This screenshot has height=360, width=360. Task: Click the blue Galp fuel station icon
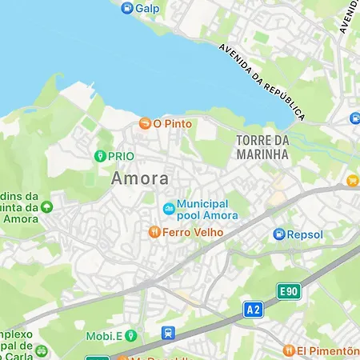point(126,8)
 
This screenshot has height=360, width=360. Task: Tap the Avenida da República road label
point(263,81)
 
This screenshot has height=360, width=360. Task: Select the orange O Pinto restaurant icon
point(145,124)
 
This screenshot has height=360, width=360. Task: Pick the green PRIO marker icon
point(100,156)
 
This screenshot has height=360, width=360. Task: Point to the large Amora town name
point(140,178)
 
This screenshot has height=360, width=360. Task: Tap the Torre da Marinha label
point(262,146)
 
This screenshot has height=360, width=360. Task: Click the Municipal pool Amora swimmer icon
point(168,210)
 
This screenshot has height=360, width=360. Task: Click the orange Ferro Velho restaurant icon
point(154,233)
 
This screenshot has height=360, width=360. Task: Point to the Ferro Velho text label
point(193,233)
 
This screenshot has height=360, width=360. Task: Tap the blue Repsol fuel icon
point(279,234)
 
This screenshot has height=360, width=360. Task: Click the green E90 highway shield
point(289,291)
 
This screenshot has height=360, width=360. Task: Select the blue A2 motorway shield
point(254,308)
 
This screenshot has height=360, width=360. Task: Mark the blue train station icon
point(168,334)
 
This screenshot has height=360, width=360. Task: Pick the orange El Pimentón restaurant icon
point(288,350)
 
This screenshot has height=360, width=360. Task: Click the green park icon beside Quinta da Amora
point(46,206)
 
